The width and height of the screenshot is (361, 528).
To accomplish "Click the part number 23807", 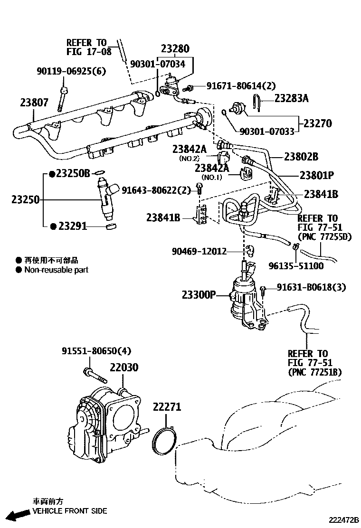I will pos(34,102).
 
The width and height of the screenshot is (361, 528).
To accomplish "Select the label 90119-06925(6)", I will pos(71,72).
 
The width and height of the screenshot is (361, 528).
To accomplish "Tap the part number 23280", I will pos(175,49).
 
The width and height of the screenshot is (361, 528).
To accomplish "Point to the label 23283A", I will pos(291,98).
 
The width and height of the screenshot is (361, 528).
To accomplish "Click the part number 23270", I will pos(317,123).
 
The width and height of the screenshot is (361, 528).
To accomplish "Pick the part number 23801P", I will pos(317,175).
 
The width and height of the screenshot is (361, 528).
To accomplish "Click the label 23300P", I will pos(199,295).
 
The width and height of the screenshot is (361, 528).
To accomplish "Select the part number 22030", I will pos(124,368).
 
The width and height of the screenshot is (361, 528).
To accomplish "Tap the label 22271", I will pos(167,407).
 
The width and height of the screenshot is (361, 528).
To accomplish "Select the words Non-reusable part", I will pos(57,270).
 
